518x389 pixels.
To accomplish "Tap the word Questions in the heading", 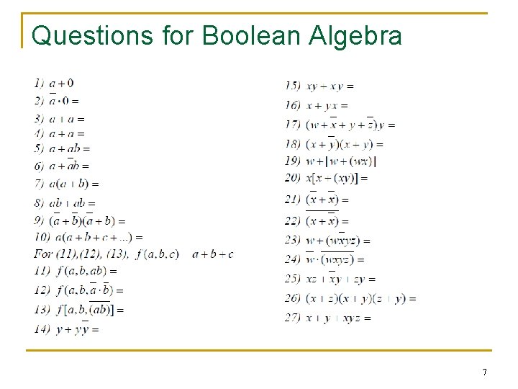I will [x=93, y=35].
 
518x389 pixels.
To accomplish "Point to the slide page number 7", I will [x=484, y=372].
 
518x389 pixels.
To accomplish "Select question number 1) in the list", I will [x=39, y=84].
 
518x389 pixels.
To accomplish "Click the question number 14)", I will [x=42, y=329].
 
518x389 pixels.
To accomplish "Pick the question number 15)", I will [x=293, y=86].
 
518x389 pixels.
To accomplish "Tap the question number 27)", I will [x=293, y=318].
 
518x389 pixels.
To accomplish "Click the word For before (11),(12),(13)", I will [x=43, y=254].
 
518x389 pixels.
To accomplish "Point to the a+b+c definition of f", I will [x=213, y=254].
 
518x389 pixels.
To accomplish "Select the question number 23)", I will [x=293, y=240].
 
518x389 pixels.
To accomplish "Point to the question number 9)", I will [x=39, y=220].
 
